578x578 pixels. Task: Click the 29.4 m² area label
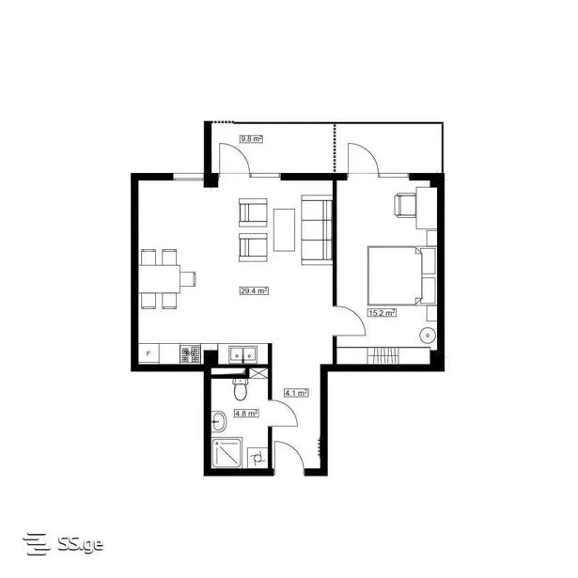(x=254, y=290)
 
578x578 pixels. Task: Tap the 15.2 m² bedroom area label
(x=383, y=313)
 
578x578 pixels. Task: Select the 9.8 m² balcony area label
(x=251, y=139)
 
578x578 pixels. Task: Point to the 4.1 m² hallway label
(x=296, y=393)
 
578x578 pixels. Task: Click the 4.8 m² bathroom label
(x=246, y=414)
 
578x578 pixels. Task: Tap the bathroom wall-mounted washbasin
(x=219, y=421)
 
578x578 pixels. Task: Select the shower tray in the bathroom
(x=227, y=452)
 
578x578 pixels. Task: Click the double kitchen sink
(x=242, y=355)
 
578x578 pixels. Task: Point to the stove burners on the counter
(x=190, y=354)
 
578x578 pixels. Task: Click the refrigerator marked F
(x=148, y=353)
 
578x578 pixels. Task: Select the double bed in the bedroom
(x=395, y=275)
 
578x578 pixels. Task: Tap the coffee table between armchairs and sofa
(x=284, y=230)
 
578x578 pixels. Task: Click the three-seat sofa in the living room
(x=317, y=230)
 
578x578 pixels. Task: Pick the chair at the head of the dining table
(x=188, y=279)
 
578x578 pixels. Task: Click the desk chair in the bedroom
(x=405, y=205)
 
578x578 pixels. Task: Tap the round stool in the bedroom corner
(x=428, y=336)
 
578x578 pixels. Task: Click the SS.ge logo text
(x=81, y=544)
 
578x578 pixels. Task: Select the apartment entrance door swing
(x=289, y=456)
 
